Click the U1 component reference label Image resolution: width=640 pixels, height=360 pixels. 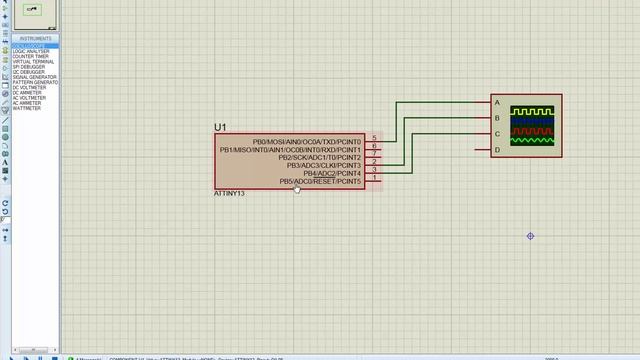220,128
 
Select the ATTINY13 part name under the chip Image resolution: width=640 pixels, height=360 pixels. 229,193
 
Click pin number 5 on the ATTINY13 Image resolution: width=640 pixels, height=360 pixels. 374,139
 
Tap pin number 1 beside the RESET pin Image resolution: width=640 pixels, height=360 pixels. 374,178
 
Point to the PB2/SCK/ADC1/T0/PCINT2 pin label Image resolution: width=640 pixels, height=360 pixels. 319,158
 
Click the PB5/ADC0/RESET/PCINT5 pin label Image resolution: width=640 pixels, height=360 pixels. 320,181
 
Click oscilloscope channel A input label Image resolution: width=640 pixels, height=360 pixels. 497,103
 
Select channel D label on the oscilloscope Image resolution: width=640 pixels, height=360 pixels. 497,150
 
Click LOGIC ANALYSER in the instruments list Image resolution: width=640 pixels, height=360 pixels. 33,51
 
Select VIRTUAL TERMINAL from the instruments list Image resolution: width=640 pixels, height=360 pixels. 35,62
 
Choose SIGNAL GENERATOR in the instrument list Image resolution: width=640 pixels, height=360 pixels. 35,77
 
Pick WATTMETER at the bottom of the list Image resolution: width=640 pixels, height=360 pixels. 27,108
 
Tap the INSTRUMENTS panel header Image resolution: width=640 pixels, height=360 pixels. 36,39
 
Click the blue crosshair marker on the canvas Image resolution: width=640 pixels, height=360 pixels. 530,236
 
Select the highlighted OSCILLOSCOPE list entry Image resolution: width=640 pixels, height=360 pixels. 29,46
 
